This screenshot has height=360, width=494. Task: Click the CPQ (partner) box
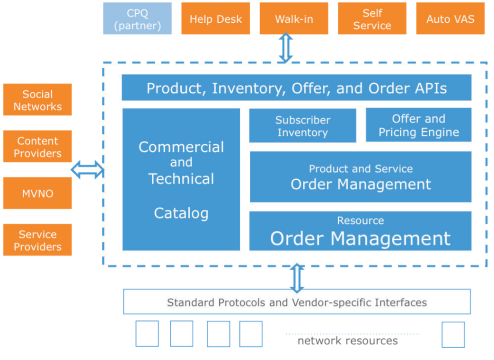coord(137,18)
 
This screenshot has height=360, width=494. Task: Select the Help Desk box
coord(215,18)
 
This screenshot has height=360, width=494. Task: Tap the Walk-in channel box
coord(294,18)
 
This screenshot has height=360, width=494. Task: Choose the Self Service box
coord(372,18)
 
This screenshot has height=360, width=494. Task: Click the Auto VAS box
coord(450,18)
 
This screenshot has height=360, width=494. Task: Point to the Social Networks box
coord(37,99)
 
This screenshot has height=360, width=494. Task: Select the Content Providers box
coord(37,146)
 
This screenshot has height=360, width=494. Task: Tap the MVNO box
coord(37,193)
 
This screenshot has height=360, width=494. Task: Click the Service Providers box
coord(37,240)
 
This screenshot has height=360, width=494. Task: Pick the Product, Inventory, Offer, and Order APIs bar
coord(297,88)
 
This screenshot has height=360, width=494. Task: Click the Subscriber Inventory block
coord(303,126)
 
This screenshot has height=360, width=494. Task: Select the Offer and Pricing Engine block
coord(418,125)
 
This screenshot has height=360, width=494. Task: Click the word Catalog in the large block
coord(181,213)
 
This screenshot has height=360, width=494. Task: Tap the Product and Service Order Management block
coord(361,177)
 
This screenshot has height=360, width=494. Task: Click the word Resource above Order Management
coord(361,220)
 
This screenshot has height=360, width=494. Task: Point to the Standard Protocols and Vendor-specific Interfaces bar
coord(297,302)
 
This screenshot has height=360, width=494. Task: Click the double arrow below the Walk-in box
coord(286,48)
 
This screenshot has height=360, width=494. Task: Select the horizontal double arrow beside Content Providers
coord(87,170)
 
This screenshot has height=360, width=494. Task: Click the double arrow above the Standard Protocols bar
coord(297,278)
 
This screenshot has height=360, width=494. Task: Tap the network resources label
coord(347,341)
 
